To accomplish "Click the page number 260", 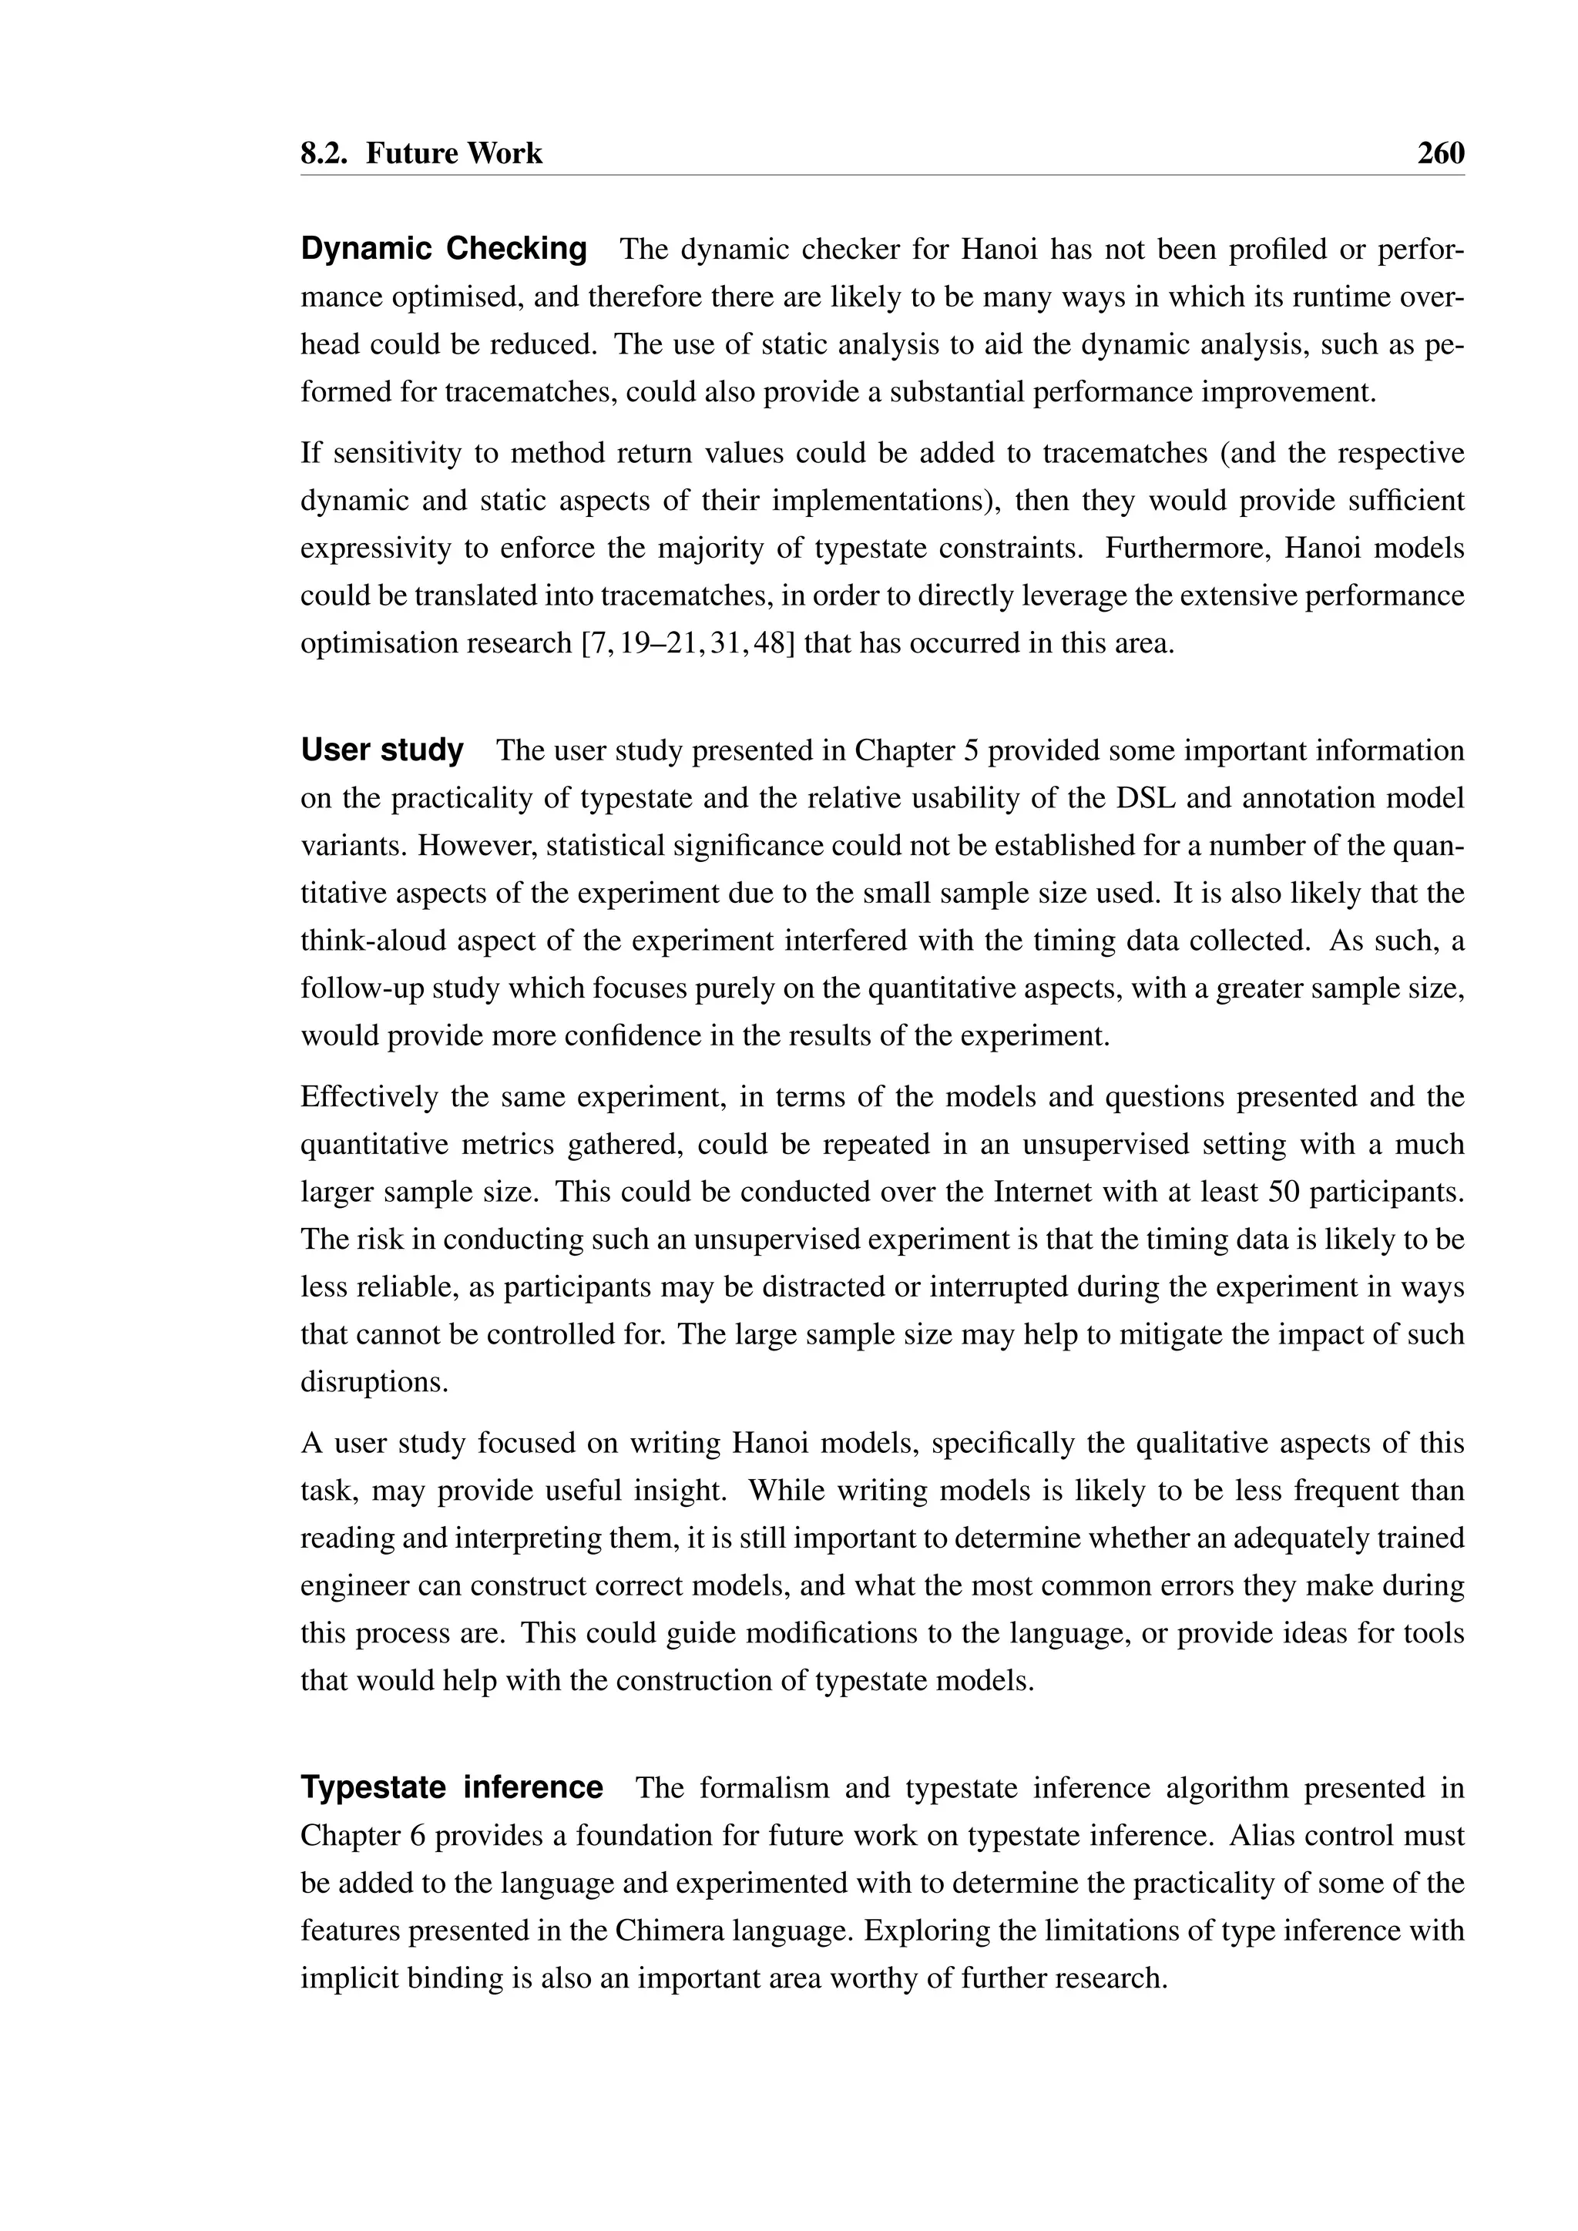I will point(1440,153).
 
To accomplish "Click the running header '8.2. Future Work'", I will point(421,153).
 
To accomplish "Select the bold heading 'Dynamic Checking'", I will point(444,249).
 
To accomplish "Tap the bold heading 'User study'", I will point(382,750).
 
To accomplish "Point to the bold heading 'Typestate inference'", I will point(452,1788).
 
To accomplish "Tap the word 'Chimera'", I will point(663,1931).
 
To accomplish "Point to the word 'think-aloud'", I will point(374,941).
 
